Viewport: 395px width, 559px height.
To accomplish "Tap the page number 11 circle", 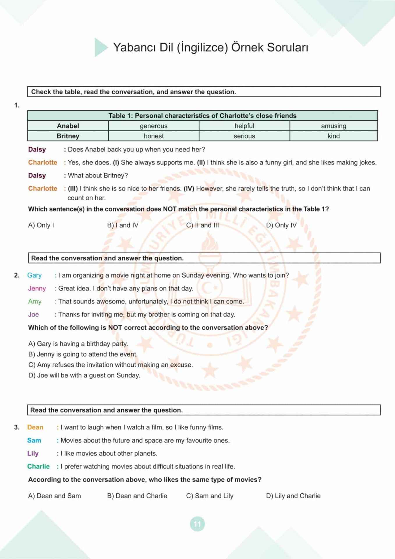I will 197,524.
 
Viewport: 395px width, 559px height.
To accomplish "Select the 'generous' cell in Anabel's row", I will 153,126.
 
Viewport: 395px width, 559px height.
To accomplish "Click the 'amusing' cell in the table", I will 333,126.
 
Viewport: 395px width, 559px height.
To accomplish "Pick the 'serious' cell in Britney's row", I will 244,136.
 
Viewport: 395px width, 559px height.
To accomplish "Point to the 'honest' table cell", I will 153,136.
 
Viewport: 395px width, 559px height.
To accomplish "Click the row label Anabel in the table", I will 68,126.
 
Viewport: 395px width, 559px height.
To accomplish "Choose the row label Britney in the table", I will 68,136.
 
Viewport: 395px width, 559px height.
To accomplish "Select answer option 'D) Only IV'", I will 281,225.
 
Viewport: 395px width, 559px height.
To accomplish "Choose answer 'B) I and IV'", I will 123,225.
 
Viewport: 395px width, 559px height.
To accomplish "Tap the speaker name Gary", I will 34,275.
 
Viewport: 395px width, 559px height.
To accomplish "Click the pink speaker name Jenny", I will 37,288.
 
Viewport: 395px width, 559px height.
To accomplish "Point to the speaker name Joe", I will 33,314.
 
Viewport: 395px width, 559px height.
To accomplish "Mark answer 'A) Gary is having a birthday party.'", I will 78,344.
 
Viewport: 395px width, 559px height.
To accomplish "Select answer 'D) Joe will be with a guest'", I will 84,375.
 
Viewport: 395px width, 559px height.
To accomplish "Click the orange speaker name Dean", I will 35,427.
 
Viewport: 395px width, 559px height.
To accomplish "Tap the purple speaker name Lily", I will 33,453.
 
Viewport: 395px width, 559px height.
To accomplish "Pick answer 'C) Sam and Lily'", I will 210,496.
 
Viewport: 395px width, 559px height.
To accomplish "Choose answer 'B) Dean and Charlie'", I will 137,496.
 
